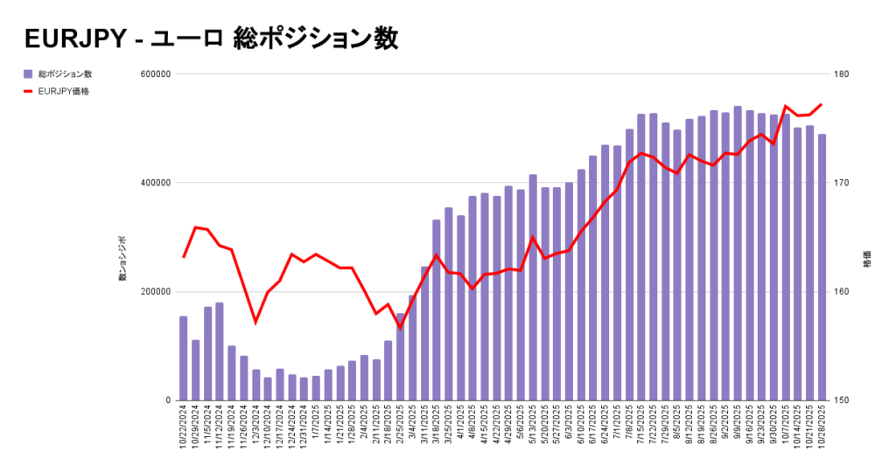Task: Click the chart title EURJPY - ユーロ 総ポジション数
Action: tap(210, 38)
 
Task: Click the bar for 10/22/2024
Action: tap(184, 358)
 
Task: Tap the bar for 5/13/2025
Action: tap(533, 288)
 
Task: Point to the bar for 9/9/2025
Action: tap(738, 254)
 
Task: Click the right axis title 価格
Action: tap(866, 262)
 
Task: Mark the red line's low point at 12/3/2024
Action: tap(255, 323)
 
